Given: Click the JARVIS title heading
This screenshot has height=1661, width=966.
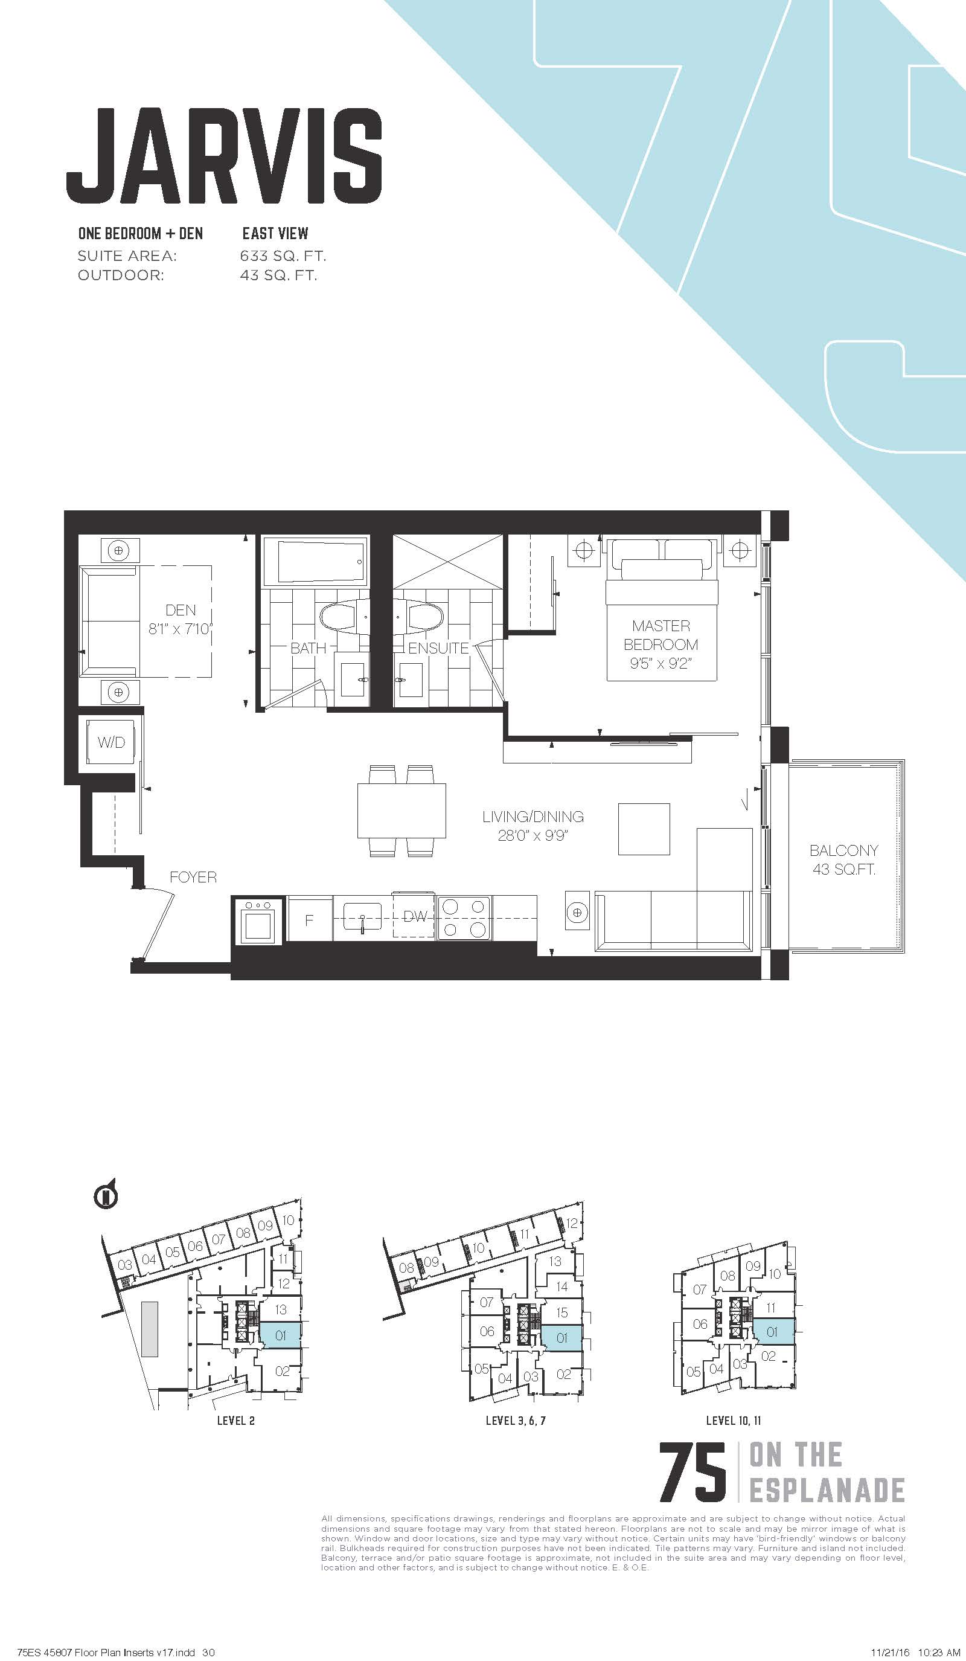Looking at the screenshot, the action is click(x=224, y=156).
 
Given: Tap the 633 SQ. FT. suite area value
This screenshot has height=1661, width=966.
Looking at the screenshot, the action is click(x=283, y=255).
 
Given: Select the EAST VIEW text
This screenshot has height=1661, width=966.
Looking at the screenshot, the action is click(x=275, y=233).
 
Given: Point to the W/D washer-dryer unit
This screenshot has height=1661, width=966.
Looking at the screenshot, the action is click(x=110, y=742).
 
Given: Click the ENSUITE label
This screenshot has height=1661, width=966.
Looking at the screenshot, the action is click(x=438, y=648).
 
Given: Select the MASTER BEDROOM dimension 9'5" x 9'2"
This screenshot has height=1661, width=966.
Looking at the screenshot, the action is click(x=661, y=663).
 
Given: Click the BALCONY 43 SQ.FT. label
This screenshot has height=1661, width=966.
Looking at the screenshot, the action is click(x=843, y=859).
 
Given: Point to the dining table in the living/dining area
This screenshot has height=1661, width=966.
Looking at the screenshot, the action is click(x=401, y=810).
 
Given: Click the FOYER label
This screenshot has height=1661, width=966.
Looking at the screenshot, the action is click(x=193, y=877).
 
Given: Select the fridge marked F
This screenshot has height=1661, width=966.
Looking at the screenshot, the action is click(x=310, y=918).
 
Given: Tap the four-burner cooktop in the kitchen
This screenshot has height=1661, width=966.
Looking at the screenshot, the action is click(x=464, y=917).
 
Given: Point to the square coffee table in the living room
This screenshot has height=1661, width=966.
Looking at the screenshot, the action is click(x=644, y=829).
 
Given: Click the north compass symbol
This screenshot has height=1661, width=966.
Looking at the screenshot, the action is click(x=107, y=1194).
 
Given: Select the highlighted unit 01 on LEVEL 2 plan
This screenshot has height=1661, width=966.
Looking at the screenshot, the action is click(x=281, y=1335).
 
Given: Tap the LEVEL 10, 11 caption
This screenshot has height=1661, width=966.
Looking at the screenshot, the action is click(x=733, y=1421).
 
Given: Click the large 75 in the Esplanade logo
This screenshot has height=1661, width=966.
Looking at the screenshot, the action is click(x=693, y=1471).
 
